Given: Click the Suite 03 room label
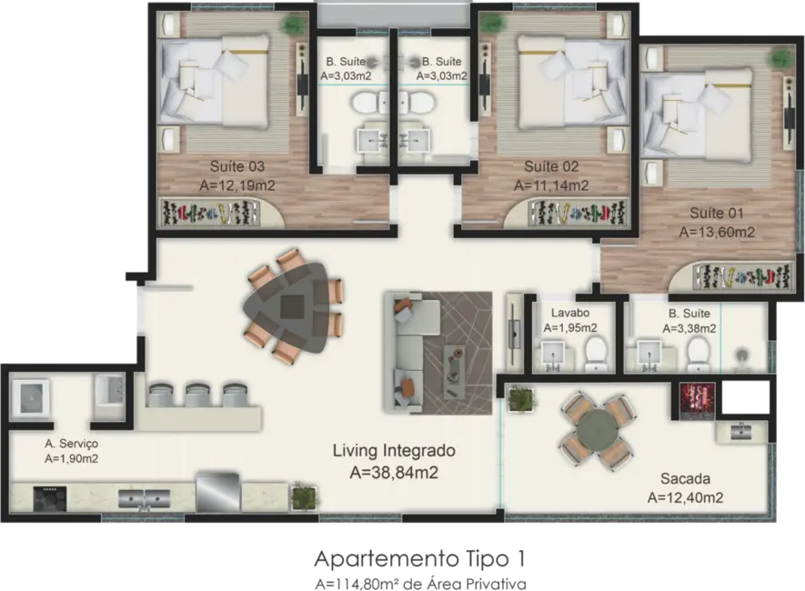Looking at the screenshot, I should click(236, 166).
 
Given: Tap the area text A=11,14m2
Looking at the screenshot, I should click(550, 185).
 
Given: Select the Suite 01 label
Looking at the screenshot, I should click(716, 213).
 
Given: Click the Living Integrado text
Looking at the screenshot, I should click(393, 450).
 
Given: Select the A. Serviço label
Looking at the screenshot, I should click(71, 443).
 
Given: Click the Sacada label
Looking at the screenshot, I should click(685, 478).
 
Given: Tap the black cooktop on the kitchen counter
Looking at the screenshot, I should click(51, 497).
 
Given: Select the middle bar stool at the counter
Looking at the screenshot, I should click(198, 396).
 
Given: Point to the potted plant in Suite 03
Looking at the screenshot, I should click(292, 24).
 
